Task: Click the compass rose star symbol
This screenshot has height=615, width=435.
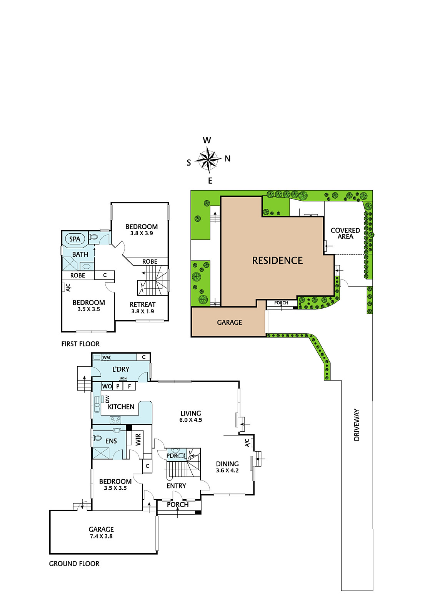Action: [208, 160]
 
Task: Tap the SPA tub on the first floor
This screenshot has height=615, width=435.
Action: [75, 239]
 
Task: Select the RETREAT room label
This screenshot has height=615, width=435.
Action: [143, 304]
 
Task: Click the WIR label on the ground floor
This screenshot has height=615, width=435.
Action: [138, 440]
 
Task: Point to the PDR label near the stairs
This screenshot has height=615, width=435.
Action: [172, 456]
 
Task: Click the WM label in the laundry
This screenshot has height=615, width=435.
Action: [106, 357]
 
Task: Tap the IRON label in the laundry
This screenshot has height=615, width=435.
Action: [123, 378]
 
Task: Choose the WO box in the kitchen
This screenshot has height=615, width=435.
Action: [107, 386]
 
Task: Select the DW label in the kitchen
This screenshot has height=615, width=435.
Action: [107, 399]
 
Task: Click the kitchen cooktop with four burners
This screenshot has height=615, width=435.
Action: [115, 420]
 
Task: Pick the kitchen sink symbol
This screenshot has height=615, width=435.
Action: [97, 404]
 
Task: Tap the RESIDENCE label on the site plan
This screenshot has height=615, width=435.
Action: [278, 260]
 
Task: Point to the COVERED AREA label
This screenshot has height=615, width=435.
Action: [345, 233]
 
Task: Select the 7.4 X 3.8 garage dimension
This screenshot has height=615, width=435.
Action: [101, 536]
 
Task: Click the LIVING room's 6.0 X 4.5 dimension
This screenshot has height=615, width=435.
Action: [191, 420]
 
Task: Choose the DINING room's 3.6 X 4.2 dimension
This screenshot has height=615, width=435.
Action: [227, 470]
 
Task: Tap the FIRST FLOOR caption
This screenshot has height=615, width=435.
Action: [80, 344]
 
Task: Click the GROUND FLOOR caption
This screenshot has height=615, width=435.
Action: [74, 563]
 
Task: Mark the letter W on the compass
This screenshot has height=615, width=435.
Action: [207, 140]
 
